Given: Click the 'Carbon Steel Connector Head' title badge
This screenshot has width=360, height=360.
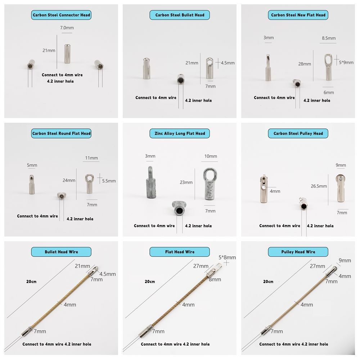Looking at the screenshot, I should pyautogui.click(x=61, y=15).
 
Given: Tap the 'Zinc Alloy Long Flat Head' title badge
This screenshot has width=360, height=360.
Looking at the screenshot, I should pyautogui.click(x=180, y=134).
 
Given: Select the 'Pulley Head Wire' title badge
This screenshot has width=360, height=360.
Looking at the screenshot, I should pyautogui.click(x=298, y=252).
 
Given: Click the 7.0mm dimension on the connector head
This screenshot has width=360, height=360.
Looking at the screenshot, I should pyautogui.click(x=67, y=28).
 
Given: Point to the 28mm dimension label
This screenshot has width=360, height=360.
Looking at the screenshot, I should pyautogui.click(x=305, y=64).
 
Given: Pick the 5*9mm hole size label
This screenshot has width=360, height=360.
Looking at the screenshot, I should pyautogui.click(x=346, y=62).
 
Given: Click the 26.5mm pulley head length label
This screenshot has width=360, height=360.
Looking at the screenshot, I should pyautogui.click(x=319, y=186).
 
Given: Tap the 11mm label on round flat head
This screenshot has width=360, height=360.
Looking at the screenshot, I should pyautogui.click(x=91, y=158).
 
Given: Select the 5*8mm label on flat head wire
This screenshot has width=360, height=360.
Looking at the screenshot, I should pyautogui.click(x=227, y=257).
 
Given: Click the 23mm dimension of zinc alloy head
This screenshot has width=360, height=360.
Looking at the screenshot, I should pyautogui.click(x=186, y=183).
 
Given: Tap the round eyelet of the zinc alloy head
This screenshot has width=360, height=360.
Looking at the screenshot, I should pyautogui.click(x=211, y=175).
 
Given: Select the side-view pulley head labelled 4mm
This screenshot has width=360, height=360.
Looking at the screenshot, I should pyautogui.click(x=264, y=189).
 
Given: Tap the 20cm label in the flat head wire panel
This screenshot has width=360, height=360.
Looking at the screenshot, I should pyautogui.click(x=150, y=282).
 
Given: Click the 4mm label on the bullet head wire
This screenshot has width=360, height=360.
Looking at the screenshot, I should pyautogui.click(x=70, y=305).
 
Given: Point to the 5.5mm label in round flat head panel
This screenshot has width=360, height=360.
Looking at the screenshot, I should pyautogui.click(x=109, y=181).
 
